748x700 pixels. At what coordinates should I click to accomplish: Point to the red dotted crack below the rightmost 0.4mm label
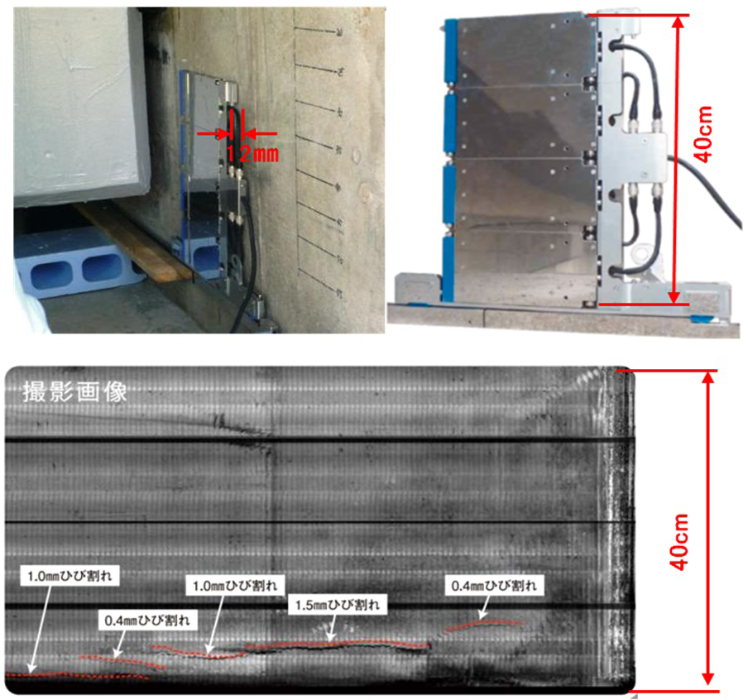tap(485, 623)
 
